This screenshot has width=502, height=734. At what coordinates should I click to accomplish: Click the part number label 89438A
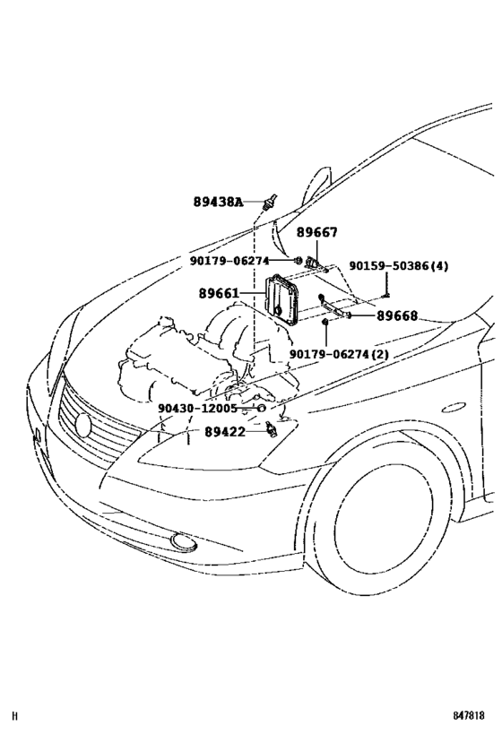pos(218,202)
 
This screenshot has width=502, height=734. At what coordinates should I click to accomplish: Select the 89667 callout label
pos(317,232)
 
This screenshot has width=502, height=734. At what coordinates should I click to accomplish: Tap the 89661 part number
pos(220,293)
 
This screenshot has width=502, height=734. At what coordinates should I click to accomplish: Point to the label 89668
pos(396,315)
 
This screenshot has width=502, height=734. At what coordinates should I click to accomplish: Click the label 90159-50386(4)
pos(399,266)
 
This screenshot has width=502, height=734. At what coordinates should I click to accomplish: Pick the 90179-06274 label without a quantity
pos(229,261)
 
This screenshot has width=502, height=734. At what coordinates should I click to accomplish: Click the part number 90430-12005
pos(197,408)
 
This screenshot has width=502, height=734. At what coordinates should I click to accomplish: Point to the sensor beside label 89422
pos(270,431)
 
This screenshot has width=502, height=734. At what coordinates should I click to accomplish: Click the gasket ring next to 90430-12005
pos(262,408)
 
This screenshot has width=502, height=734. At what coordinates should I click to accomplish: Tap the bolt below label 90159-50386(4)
pos(385,289)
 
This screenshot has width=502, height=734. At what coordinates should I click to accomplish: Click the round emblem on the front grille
pos(83,426)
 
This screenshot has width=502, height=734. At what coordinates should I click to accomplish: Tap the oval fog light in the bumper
pos(186,540)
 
